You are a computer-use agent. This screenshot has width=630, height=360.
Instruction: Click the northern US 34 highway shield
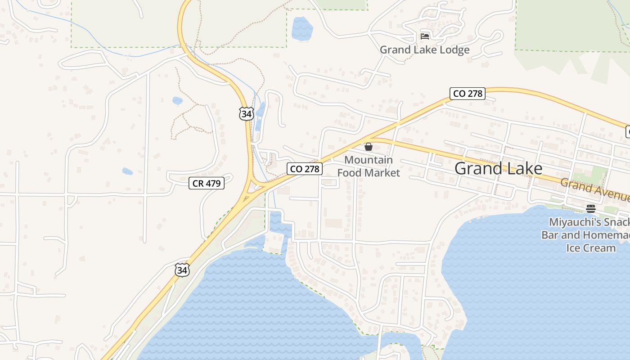point(246,114)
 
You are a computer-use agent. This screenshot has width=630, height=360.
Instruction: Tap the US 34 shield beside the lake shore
point(182,270)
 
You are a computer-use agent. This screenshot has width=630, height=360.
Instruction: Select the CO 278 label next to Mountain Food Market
point(305,169)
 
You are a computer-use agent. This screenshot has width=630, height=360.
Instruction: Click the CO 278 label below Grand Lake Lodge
point(468,94)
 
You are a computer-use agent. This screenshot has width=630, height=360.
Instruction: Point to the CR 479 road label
point(206,183)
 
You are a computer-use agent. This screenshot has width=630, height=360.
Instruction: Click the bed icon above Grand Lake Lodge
point(424,36)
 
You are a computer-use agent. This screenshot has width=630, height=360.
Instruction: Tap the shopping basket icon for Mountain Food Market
point(369,147)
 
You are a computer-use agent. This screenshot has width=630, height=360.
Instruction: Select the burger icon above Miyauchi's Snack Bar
point(591,208)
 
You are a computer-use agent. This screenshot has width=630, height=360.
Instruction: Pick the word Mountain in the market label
point(369,160)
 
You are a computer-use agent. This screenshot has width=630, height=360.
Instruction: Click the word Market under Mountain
point(383,173)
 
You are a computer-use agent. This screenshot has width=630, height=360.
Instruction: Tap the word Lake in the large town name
point(522,169)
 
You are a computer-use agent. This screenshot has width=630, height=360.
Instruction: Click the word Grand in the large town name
point(477,169)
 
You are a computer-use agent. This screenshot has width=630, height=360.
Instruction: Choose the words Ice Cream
point(591,248)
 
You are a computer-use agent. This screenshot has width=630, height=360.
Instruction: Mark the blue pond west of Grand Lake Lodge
point(302,28)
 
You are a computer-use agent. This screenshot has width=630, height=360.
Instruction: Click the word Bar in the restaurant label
point(550,235)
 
